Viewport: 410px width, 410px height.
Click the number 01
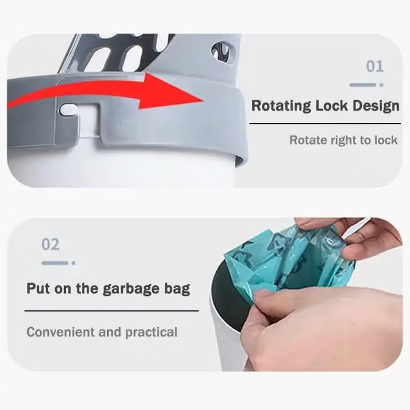375,66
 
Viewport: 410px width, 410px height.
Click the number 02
50,244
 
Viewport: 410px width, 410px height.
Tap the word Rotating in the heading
281,106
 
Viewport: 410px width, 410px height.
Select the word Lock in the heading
331,106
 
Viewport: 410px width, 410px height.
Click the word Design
376,106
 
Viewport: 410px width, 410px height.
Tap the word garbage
131,289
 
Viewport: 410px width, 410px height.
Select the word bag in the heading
177,289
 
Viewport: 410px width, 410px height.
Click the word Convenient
61,332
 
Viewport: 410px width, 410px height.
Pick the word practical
152,332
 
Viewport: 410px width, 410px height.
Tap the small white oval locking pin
68,109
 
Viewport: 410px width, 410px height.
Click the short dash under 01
362,85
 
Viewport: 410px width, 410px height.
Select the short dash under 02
55,263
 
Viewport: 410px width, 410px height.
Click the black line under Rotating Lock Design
325,123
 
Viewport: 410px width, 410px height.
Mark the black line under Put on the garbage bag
112,311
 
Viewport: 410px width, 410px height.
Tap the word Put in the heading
39,288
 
